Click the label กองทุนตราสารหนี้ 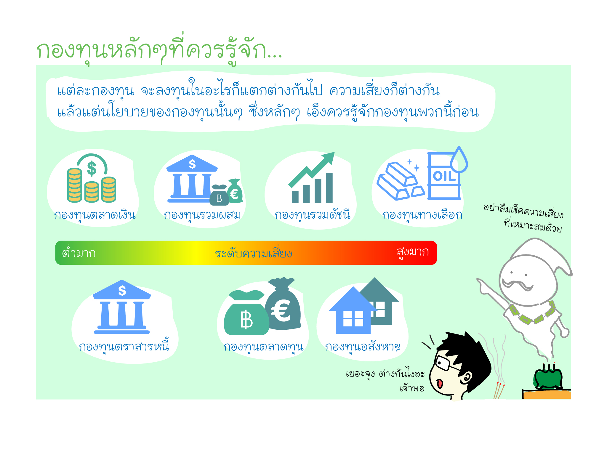click(x=124, y=345)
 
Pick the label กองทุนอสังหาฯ click(x=363, y=346)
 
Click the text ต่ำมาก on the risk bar click(x=79, y=252)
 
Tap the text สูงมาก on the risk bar click(x=413, y=252)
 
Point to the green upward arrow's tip click(x=334, y=153)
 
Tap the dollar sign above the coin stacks click(x=92, y=168)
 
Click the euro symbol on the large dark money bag click(x=281, y=310)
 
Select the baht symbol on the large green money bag click(x=246, y=320)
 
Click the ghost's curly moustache click(x=518, y=285)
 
